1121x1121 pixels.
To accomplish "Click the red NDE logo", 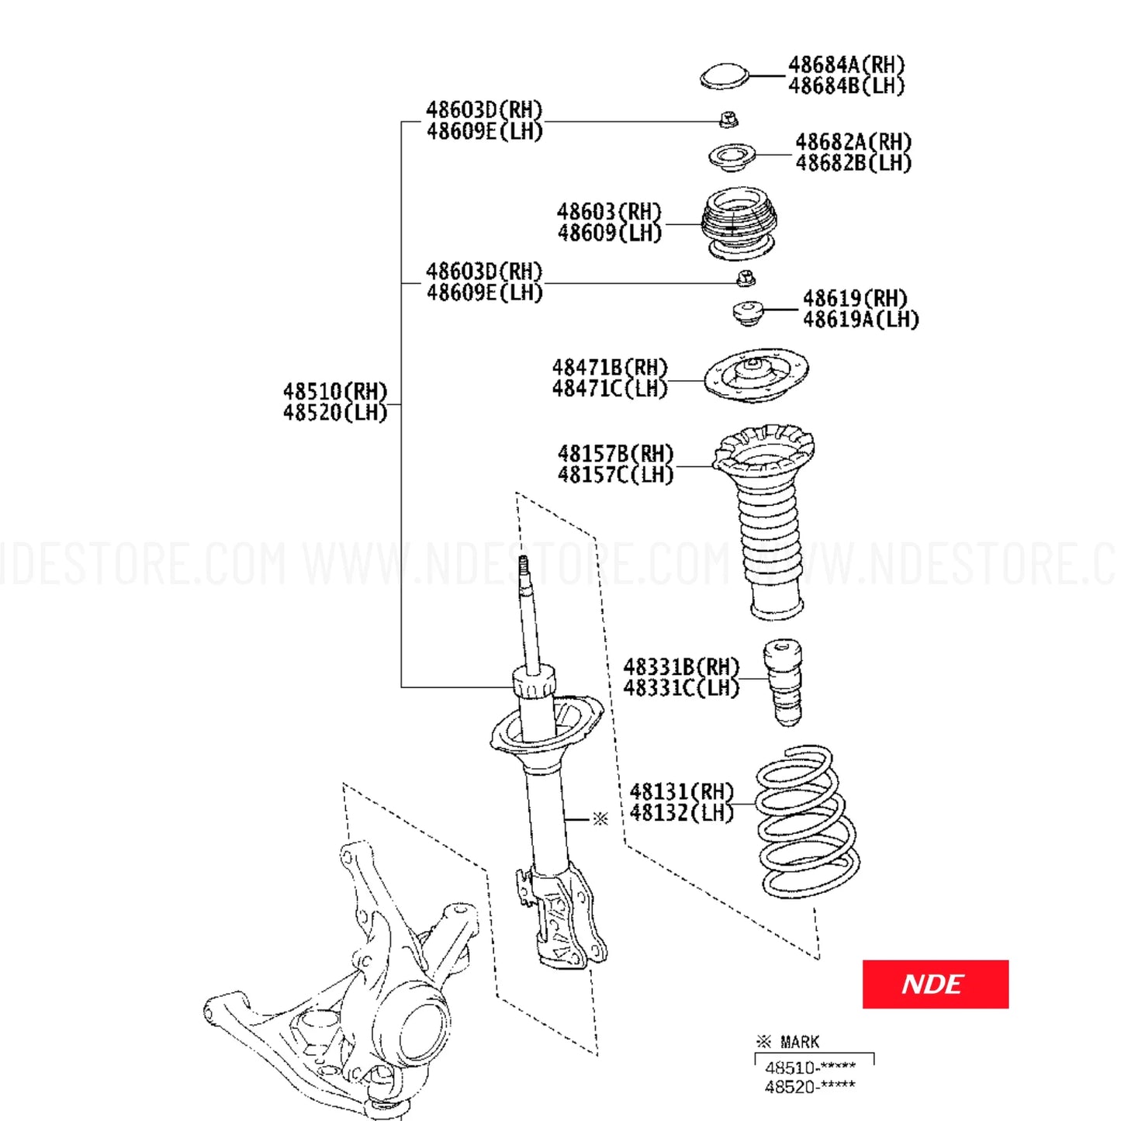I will (x=935, y=984).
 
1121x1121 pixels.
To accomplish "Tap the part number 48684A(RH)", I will (x=846, y=64).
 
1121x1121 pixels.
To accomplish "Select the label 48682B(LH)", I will (x=853, y=163).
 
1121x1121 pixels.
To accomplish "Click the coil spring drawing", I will (x=807, y=822).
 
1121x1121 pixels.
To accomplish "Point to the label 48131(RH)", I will (x=681, y=791).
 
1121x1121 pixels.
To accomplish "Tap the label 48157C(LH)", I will (x=615, y=475).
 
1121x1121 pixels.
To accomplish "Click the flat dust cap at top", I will (x=724, y=77).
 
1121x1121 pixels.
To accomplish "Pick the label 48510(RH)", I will (x=334, y=391).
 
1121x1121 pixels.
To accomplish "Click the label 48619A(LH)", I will (x=860, y=320).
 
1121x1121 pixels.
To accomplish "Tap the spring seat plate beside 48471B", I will (x=756, y=375).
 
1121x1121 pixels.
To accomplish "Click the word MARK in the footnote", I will (x=799, y=1042).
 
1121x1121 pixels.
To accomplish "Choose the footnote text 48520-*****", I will (x=810, y=1087).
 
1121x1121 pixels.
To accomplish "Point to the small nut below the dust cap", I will (x=728, y=119).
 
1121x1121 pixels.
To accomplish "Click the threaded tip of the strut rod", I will (x=523, y=566).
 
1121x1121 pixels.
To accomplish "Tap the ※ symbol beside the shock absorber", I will (x=600, y=818).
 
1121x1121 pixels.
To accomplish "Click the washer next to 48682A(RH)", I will (x=732, y=156).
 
